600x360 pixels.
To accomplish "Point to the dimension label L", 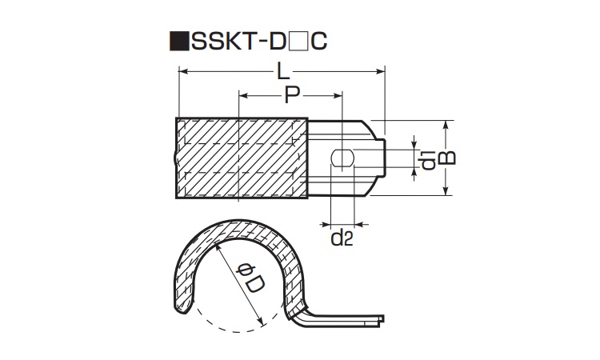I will click(282, 71).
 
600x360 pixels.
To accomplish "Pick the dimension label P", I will click(292, 96).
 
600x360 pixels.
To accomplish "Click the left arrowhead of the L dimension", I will click(180, 72).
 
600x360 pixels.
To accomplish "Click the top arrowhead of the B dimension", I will click(448, 125).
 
